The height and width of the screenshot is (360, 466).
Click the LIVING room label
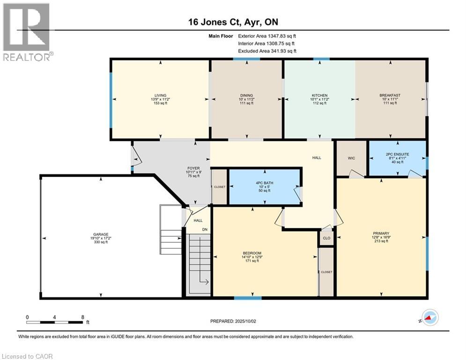[x=160, y=95]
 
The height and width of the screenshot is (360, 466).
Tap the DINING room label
[x=246, y=95]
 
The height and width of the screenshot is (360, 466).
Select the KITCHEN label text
[x=319, y=95]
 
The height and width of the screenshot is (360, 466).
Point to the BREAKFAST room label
[x=390, y=95]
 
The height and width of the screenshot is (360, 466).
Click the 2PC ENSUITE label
[x=397, y=153]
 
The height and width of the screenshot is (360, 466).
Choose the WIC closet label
[x=351, y=158]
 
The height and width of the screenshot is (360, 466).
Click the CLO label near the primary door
[x=326, y=238]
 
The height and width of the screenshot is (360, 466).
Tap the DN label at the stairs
[x=205, y=229]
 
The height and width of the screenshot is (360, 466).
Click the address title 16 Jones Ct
[x=233, y=22]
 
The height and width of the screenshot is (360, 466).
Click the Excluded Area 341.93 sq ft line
[x=267, y=51]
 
